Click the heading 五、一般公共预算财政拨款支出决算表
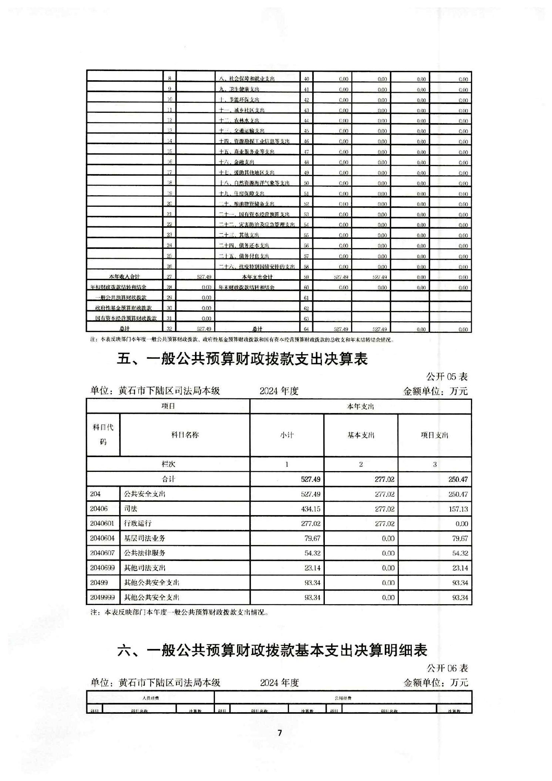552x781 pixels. pos(242,359)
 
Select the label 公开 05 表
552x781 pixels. pos(447,376)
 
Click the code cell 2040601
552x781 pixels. pos(102,523)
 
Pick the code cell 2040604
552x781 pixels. pos(102,538)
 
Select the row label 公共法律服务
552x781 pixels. pos(145,553)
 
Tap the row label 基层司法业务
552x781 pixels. pos(145,538)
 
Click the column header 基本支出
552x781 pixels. pos(361,435)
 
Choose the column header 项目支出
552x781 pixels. pos(434,435)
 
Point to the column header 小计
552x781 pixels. pos(287,435)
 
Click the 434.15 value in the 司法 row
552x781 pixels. pos(310,509)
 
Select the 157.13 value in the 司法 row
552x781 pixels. pos(458,509)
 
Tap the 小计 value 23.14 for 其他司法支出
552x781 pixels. pos(312,568)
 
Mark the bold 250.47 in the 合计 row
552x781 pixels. pos(458,479)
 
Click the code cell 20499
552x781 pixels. pos(99,582)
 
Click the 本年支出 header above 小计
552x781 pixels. pos(360,406)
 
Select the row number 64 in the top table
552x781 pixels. pos(306,329)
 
